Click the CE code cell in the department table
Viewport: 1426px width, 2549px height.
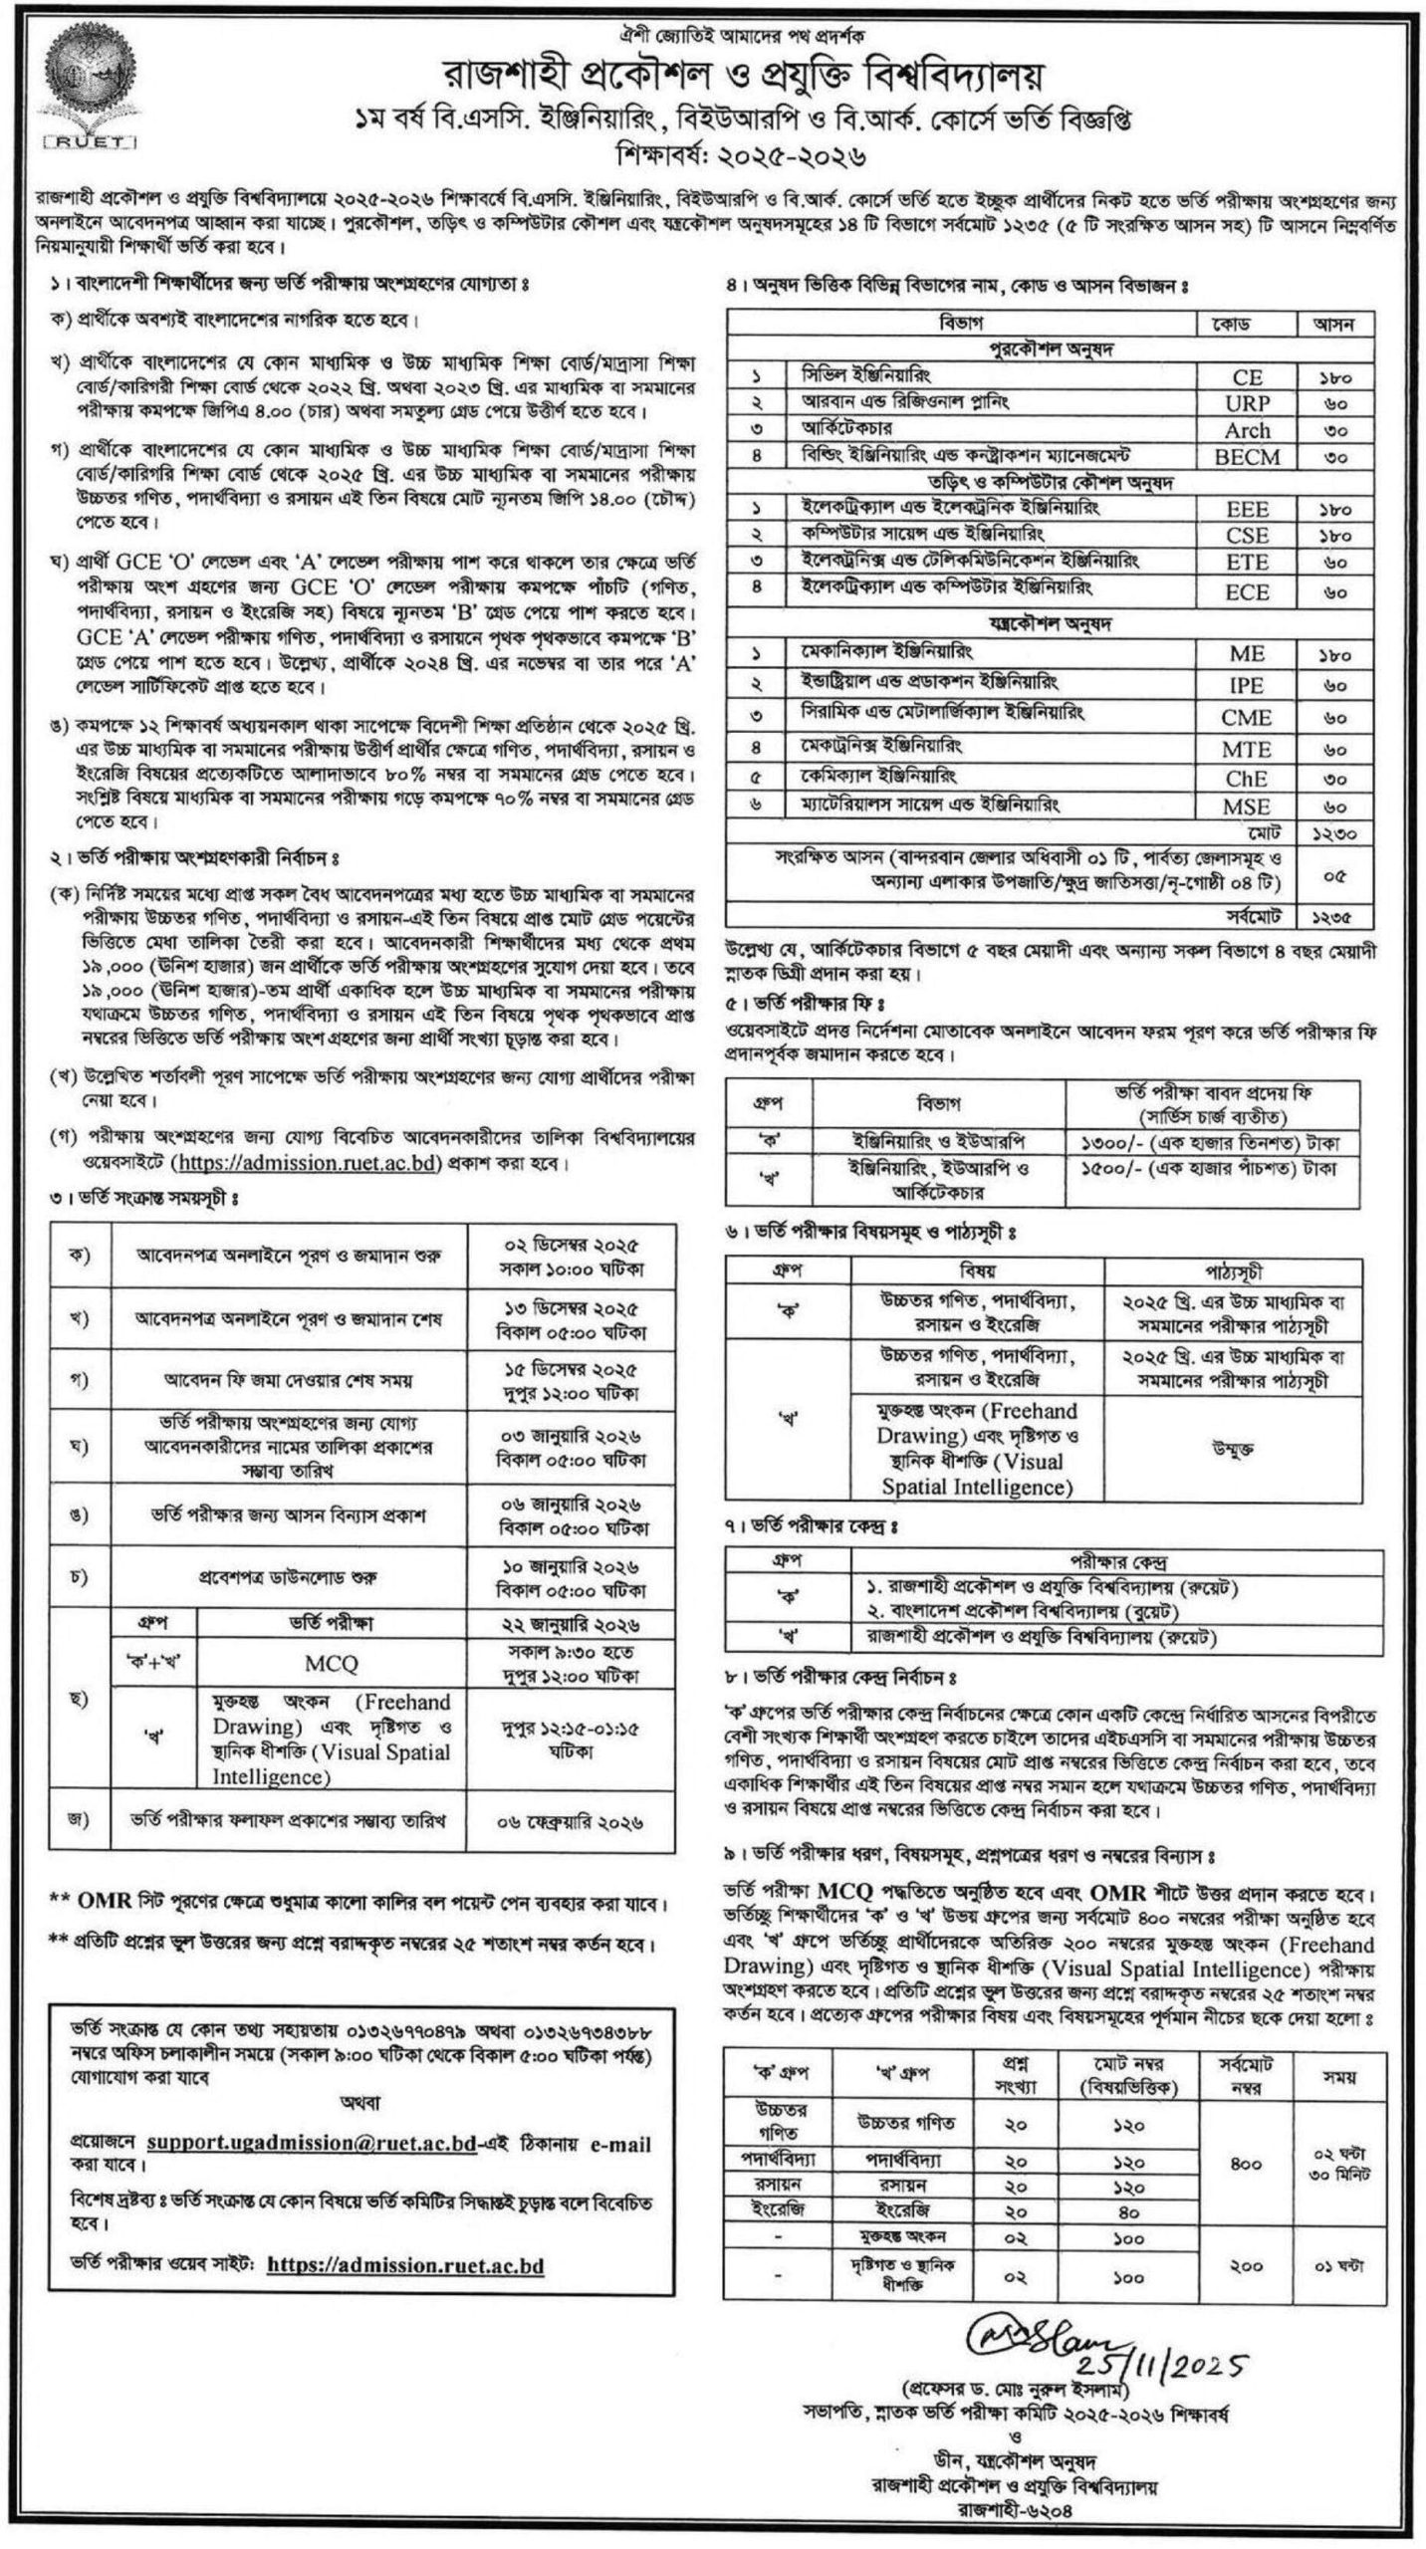[x=1247, y=376]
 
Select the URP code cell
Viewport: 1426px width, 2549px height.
[x=1247, y=403]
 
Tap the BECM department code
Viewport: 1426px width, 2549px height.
[x=1247, y=456]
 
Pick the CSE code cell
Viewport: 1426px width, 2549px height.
[x=1247, y=536]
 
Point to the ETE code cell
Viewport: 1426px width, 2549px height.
[x=1247, y=563]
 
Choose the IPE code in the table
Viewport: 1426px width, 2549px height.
[x=1247, y=686]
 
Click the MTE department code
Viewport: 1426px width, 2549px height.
[x=1247, y=749]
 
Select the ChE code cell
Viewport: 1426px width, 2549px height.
[x=1247, y=778]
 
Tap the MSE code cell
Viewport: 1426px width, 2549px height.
[x=1247, y=806]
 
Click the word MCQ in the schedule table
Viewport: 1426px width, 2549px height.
[x=332, y=1664]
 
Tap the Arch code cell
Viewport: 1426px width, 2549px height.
[x=1247, y=430]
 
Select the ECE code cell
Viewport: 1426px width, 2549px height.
[x=1247, y=591]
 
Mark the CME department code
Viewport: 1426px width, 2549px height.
[x=1247, y=717]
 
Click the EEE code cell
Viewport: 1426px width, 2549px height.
[x=1247, y=509]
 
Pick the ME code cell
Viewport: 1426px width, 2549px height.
[x=1247, y=654]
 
